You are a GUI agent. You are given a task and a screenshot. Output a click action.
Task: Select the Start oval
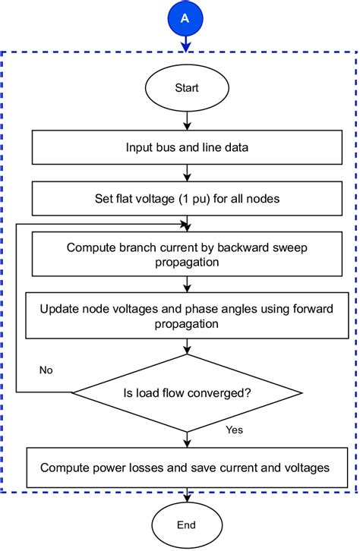pyautogui.click(x=186, y=88)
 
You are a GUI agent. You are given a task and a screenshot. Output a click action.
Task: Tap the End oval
pyautogui.click(x=186, y=524)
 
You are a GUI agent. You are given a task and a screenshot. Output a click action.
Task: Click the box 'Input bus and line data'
pyautogui.click(x=186, y=147)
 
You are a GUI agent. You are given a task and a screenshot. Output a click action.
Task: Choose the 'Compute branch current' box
pyautogui.click(x=186, y=253)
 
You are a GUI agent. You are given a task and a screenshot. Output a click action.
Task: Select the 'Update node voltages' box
pyautogui.click(x=186, y=315)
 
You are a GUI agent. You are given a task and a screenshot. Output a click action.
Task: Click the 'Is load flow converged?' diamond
pyautogui.click(x=186, y=392)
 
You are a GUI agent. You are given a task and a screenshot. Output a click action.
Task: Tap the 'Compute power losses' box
pyautogui.click(x=186, y=468)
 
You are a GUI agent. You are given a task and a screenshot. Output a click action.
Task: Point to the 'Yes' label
pyautogui.click(x=234, y=430)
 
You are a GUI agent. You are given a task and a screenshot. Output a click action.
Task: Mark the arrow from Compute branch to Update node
pyautogui.click(x=186, y=285)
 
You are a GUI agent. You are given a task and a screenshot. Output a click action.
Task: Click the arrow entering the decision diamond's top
pyautogui.click(x=186, y=346)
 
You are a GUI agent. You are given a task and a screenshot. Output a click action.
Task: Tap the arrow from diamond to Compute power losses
pyautogui.click(x=186, y=439)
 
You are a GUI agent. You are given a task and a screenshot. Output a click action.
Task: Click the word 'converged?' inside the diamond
pyautogui.click(x=223, y=392)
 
